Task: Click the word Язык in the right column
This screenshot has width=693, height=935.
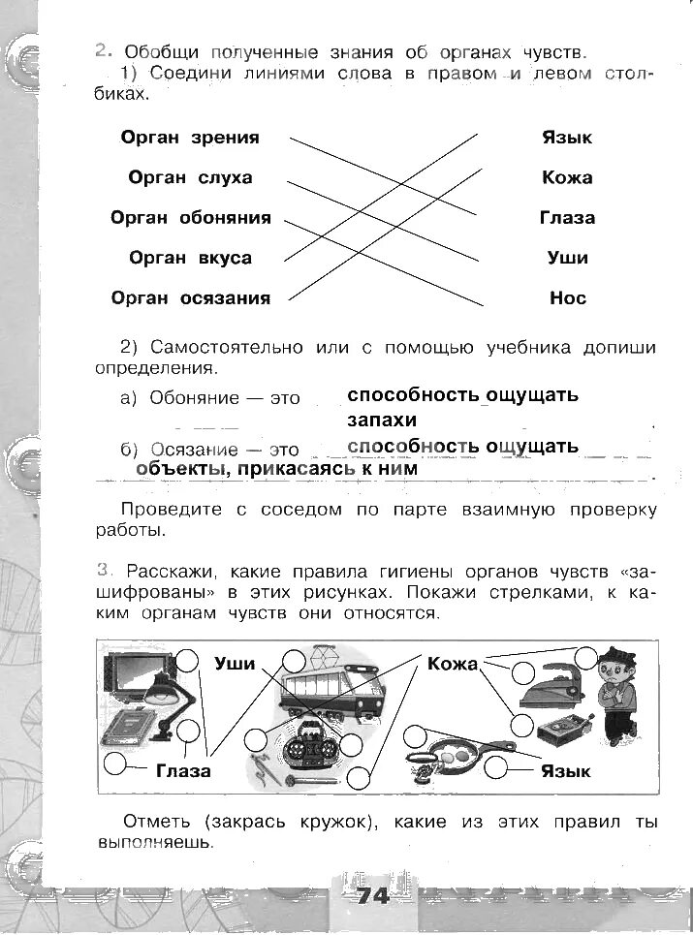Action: (567, 138)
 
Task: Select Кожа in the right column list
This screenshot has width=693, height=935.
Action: (567, 178)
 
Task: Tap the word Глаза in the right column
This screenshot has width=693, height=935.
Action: (567, 218)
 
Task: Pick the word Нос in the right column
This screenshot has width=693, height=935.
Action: (568, 298)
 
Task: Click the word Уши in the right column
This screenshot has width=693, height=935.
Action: (568, 259)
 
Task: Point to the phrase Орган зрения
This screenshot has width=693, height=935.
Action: (190, 138)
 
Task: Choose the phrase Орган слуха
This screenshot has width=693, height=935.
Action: (190, 178)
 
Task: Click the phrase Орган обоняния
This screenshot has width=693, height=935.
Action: (190, 218)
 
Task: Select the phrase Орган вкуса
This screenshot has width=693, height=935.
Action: (190, 259)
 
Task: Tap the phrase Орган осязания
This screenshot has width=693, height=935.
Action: (190, 298)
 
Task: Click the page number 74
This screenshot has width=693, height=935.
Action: (372, 896)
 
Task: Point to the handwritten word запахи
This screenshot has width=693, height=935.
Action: (382, 421)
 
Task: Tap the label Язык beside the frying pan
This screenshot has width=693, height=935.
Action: (566, 771)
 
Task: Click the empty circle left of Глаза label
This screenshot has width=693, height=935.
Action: (116, 764)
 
